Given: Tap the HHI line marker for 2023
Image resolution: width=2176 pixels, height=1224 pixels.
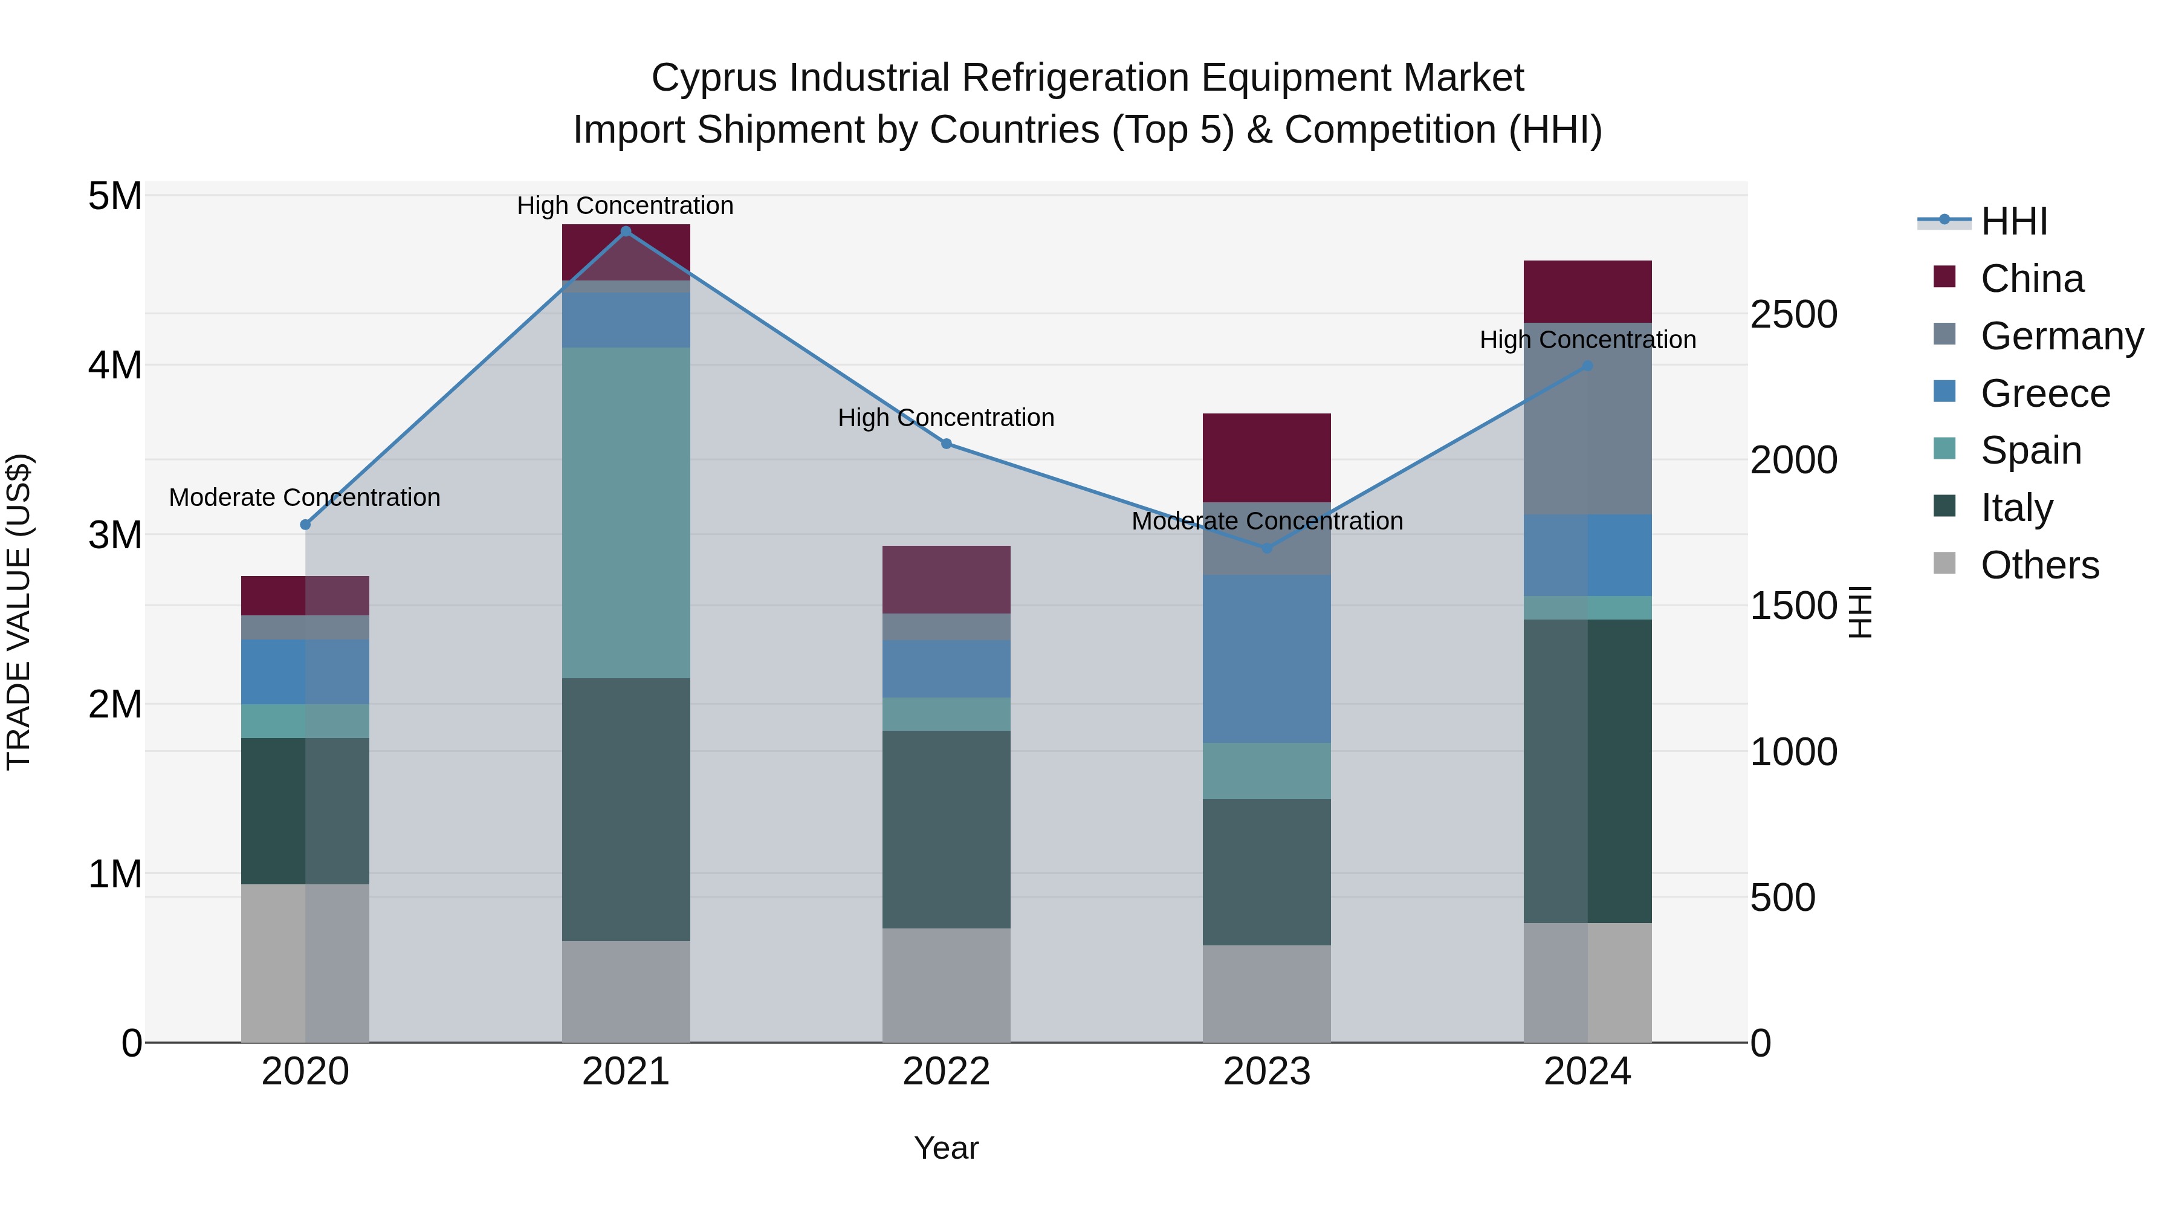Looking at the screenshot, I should tap(1266, 548).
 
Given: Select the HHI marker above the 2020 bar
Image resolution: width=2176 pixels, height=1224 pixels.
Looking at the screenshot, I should tap(306, 525).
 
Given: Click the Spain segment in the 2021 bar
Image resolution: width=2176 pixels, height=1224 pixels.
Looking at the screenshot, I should tap(626, 512).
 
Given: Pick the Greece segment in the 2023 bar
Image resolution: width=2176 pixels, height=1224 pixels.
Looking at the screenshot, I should tap(1266, 659).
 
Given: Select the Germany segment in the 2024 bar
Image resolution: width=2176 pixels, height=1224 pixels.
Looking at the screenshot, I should tap(1587, 418).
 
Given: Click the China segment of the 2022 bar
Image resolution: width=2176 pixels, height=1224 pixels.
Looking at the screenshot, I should tap(946, 580).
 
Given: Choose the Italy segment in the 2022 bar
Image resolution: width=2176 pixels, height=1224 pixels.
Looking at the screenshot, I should tap(946, 829).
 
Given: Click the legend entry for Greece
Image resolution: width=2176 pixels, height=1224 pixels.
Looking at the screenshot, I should tap(2044, 393).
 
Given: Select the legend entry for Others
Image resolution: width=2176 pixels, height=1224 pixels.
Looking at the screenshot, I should tap(2039, 565).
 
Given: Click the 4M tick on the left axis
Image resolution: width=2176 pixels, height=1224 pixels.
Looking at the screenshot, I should tap(115, 366).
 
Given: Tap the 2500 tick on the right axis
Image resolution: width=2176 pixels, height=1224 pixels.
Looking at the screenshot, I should tap(1793, 314).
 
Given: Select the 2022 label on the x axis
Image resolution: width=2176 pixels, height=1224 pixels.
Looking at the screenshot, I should tap(946, 1072).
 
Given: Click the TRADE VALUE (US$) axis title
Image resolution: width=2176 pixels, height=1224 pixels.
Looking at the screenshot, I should tap(19, 612).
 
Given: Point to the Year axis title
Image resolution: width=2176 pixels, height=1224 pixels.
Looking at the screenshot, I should tap(946, 1148).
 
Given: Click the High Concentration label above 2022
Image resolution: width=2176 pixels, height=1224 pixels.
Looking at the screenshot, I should tap(946, 418).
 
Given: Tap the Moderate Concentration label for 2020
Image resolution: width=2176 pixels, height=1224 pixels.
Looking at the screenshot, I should tap(305, 497).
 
